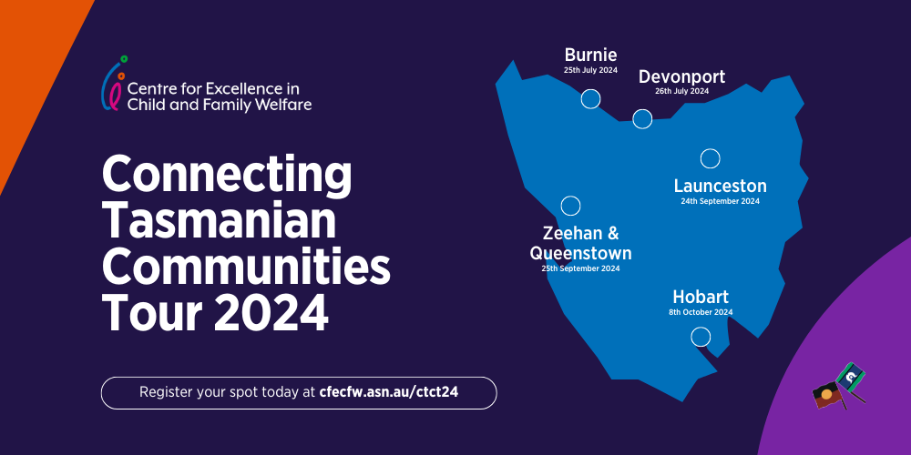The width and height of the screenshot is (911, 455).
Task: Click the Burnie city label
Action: click(x=590, y=55)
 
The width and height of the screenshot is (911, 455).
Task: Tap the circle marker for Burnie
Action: click(x=591, y=99)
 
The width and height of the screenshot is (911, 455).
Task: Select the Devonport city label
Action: click(x=681, y=76)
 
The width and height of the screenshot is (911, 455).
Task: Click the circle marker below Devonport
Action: click(x=642, y=118)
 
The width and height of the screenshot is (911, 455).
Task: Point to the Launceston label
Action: click(x=720, y=186)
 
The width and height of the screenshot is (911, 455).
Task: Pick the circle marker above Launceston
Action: click(x=710, y=158)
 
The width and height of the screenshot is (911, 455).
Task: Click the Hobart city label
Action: click(x=701, y=297)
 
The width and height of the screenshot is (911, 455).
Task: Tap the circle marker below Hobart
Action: click(x=701, y=337)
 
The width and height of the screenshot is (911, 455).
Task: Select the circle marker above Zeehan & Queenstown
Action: click(x=570, y=206)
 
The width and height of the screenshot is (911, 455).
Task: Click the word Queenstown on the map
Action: click(x=581, y=253)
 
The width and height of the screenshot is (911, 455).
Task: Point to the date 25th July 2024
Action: click(x=590, y=70)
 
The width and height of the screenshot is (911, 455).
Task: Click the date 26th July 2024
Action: click(x=681, y=91)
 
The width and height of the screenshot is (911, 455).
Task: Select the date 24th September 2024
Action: click(x=720, y=201)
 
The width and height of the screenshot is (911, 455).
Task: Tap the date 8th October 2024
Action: click(x=701, y=312)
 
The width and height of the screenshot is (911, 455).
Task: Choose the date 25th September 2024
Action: click(x=581, y=268)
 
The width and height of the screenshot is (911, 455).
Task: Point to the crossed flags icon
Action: click(x=839, y=387)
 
